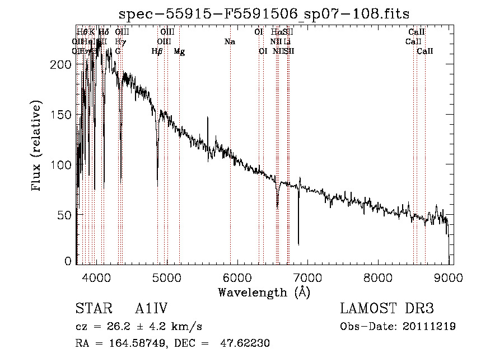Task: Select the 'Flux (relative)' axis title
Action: pos(38,147)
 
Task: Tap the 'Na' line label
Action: pos(230,42)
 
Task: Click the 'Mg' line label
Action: pos(179,51)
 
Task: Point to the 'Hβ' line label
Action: pos(157,51)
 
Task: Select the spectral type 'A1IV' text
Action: pos(151,309)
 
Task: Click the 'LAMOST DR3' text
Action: pos(387,309)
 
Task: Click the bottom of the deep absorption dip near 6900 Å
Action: pos(298,244)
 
